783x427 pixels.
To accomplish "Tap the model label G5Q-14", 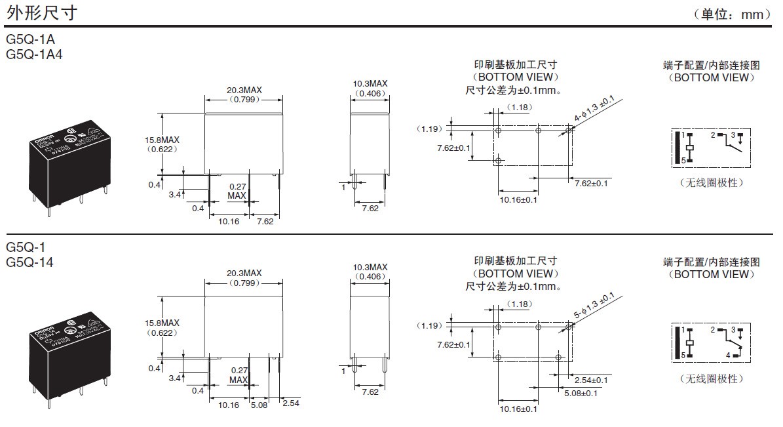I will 29,262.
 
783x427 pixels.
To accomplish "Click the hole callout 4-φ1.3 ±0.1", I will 594,108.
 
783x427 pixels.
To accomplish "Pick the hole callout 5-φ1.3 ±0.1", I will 594,305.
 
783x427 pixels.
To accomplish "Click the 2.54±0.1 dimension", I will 592,380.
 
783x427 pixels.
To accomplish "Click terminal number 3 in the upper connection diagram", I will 733,134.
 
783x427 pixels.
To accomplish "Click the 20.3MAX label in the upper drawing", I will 244,91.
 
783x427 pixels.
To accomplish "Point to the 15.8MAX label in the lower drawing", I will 162,323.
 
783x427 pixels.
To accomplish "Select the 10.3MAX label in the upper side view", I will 370,84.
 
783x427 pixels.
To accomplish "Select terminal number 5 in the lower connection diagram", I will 682,356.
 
